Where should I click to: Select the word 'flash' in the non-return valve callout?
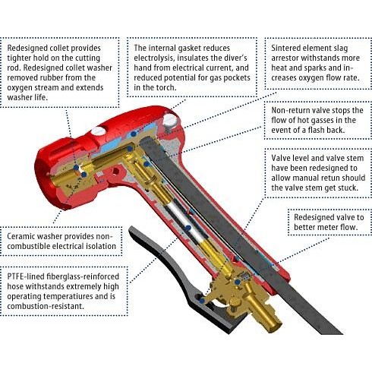320,134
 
